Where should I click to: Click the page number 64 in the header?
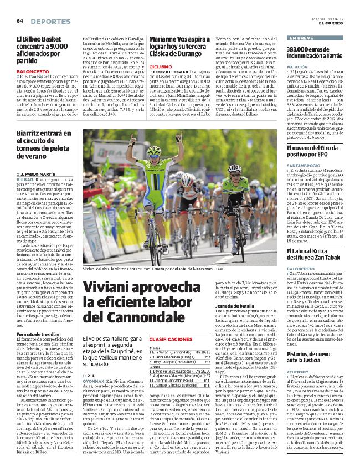19,21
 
